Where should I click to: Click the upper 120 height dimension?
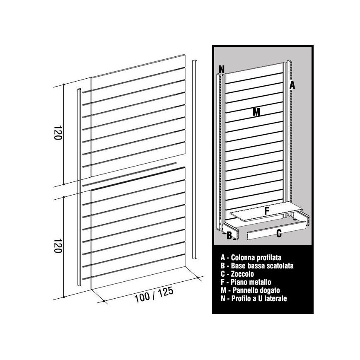pyautogui.click(x=58, y=133)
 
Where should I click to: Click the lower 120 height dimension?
pyautogui.click(x=58, y=246)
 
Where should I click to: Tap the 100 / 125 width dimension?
pyautogui.click(x=154, y=295)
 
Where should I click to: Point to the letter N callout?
pyautogui.click(x=222, y=69)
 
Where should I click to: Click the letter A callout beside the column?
pyautogui.click(x=292, y=85)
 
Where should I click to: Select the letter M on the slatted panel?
pyautogui.click(x=256, y=112)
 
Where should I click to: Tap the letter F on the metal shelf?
pyautogui.click(x=266, y=211)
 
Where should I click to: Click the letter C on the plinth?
pyautogui.click(x=279, y=233)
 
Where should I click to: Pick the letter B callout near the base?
pyautogui.click(x=229, y=236)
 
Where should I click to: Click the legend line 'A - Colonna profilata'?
pyautogui.click(x=251, y=258)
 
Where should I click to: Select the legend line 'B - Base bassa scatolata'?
pyautogui.click(x=257, y=266)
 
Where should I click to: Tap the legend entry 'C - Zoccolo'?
pyautogui.click(x=237, y=274)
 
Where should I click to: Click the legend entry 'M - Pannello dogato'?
pyautogui.click(x=250, y=290)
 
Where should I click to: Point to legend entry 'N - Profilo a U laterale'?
pyautogui.click(x=254, y=298)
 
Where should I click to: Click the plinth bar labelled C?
pyautogui.click(x=277, y=230)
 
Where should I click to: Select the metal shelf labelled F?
pyautogui.click(x=266, y=212)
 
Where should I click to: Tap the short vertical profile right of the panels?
pyautogui.click(x=194, y=159)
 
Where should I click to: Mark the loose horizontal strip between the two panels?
pyautogui.click(x=129, y=174)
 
